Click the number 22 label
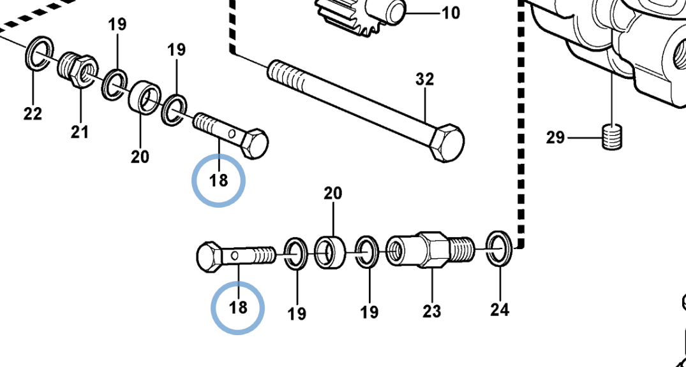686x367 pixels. (x=33, y=113)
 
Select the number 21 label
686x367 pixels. (x=80, y=131)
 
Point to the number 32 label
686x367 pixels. (x=425, y=80)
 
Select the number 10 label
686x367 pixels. (x=451, y=13)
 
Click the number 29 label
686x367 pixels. (x=556, y=138)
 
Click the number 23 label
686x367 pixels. (x=432, y=312)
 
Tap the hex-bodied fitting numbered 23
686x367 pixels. (x=431, y=250)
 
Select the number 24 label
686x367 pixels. (x=500, y=310)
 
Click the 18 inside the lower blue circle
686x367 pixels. (x=239, y=308)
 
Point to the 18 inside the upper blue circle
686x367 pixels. (x=219, y=180)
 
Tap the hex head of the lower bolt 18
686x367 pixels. (x=209, y=257)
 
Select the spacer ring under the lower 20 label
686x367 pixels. (x=331, y=252)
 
